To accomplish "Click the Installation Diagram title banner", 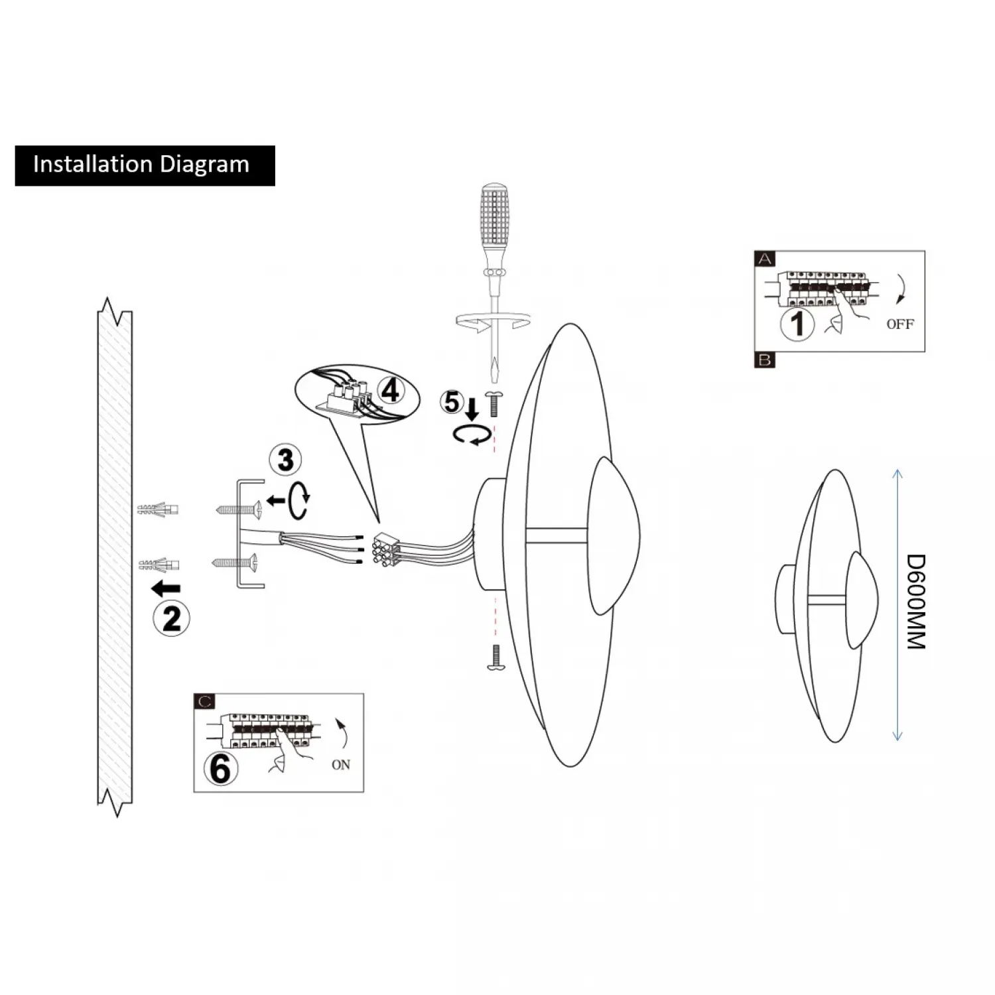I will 145,165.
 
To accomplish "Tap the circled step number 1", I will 797,324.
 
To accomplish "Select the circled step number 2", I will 171,619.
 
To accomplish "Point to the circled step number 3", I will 285,460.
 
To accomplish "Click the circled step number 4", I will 390,390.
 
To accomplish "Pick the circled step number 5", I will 452,402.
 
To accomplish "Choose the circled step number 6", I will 220,769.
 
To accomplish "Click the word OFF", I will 899,324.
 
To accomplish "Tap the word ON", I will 341,765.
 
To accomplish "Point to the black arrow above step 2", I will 166,588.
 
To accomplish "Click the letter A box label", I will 765,259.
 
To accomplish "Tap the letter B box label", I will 765,360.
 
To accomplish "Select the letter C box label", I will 204,702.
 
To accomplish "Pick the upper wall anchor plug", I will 158,510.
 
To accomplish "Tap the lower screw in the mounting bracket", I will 235,563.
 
